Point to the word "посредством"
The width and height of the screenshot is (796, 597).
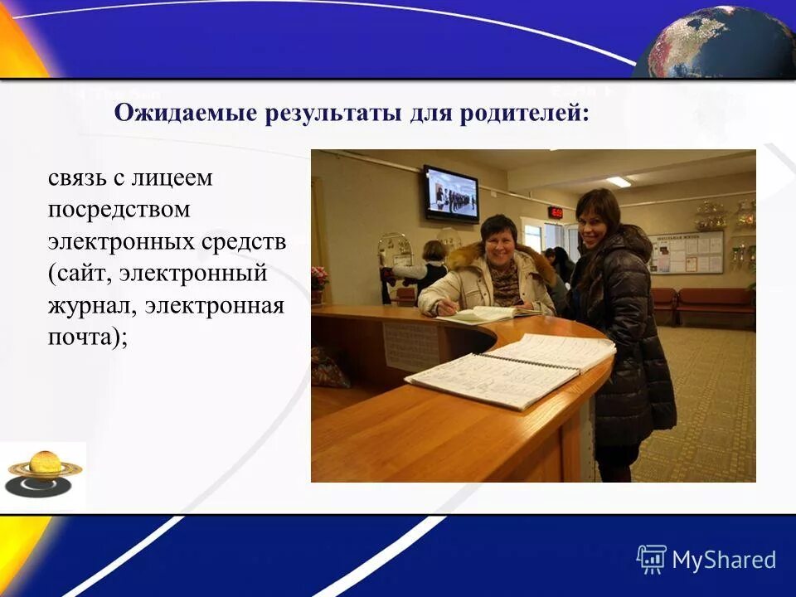click(x=119, y=210)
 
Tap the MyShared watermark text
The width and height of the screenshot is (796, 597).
click(x=724, y=560)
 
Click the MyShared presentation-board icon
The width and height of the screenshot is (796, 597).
click(x=652, y=559)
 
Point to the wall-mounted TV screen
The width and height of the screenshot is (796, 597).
click(x=450, y=194)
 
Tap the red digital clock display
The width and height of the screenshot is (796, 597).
click(x=555, y=212)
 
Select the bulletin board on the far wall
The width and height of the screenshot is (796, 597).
click(x=686, y=252)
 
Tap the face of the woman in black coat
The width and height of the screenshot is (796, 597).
click(x=595, y=217)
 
